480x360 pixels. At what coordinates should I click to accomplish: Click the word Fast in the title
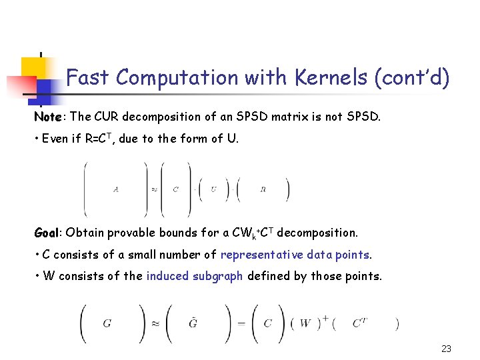(88, 78)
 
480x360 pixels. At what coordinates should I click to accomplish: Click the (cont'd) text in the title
(412, 78)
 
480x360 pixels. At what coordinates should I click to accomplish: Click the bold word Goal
(47, 233)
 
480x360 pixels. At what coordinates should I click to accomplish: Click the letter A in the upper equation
(116, 189)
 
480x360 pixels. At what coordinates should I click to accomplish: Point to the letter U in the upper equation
(213, 189)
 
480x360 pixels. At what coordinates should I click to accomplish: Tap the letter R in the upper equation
(263, 189)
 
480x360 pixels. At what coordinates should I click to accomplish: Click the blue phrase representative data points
(295, 255)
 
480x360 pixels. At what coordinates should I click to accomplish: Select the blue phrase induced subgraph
(195, 276)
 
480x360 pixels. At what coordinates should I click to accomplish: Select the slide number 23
(446, 349)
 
